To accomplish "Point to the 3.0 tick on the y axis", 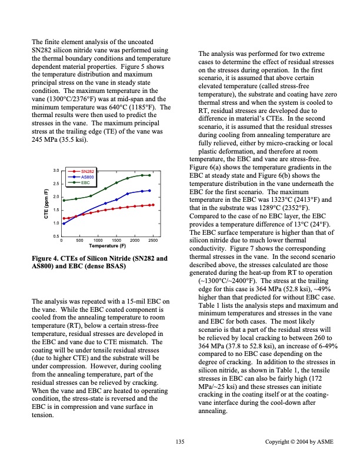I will [x=56, y=170].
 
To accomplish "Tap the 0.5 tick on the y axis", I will [x=56, y=237].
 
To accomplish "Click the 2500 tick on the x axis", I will [x=153, y=241].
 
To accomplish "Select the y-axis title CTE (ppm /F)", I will [x=46, y=203].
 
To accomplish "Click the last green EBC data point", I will [x=149, y=175].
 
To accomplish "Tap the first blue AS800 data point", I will [x=63, y=223].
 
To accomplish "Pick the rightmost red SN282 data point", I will [x=153, y=205].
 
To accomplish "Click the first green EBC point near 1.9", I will [x=63, y=200].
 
